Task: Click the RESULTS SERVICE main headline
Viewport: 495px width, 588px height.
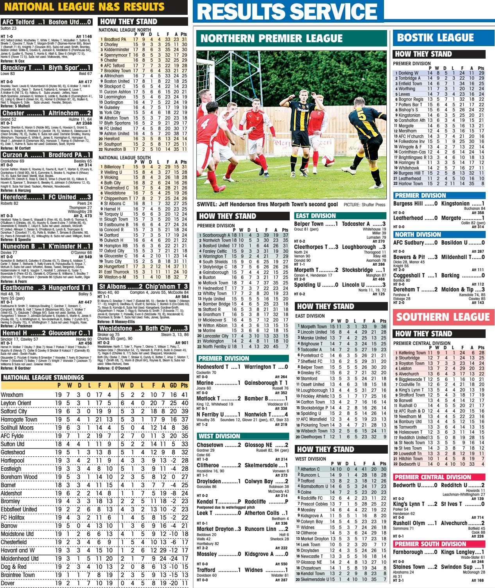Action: (x=287, y=11)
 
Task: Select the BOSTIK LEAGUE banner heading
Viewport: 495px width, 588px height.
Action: (x=435, y=38)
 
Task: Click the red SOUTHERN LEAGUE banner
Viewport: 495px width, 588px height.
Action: (x=443, y=317)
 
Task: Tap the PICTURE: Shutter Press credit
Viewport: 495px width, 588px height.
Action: (x=364, y=204)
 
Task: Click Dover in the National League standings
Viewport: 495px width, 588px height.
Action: (x=7, y=583)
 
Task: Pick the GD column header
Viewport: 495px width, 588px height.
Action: (x=173, y=385)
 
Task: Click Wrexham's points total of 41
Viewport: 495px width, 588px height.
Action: (x=184, y=395)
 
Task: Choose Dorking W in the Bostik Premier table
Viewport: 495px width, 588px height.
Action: (x=408, y=73)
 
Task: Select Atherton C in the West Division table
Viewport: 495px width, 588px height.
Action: (x=310, y=469)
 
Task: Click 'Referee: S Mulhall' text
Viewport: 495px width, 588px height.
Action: (x=15, y=106)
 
